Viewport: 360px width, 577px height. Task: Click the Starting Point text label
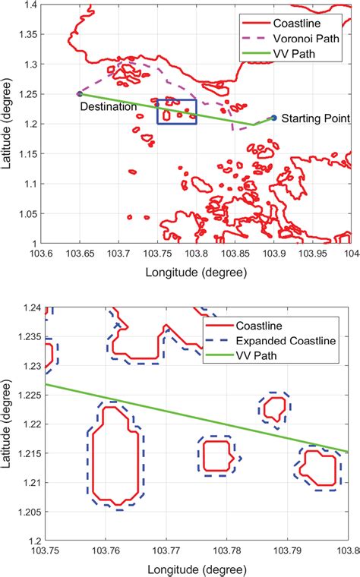[315, 119]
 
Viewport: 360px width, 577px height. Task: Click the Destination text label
[109, 107]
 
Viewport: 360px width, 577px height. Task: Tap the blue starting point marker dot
[274, 117]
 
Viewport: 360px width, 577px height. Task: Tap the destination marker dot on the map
[80, 93]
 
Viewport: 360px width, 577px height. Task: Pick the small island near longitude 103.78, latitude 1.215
[219, 456]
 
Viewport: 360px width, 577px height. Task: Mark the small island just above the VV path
[274, 408]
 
